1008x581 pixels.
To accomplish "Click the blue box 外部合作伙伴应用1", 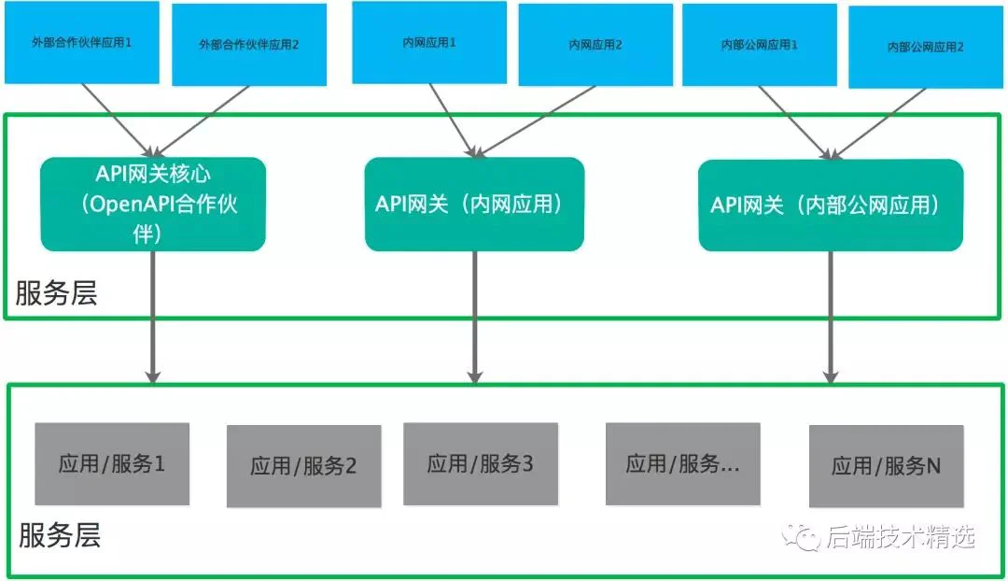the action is pos(81,42).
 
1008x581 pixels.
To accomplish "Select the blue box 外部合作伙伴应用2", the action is pos(249,45).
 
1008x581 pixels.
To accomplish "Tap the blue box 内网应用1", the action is pos(428,42).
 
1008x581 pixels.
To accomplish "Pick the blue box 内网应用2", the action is pos(595,45).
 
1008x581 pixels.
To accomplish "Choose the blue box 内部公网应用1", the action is pos(759,45).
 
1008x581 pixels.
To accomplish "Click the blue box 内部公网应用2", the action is pos(926,47).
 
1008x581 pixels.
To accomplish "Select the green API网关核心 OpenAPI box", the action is pos(153,204).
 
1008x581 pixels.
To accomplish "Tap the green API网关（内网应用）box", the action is pos(474,204).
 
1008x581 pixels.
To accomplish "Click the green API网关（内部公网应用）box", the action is pos(831,205).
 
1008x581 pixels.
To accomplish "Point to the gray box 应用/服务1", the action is pos(112,464).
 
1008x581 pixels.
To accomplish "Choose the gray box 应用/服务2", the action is pos(303,466).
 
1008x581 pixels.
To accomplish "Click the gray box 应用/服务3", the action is pos(481,464).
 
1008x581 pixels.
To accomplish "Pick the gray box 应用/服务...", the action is pos(682,464).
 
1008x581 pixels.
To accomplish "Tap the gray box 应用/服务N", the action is pos(886,466).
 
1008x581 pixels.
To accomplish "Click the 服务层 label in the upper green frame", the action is pos(57,293).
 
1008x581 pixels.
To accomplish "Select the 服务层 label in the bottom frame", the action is pos(60,535).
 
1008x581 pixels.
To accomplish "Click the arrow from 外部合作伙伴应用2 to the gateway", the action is pos(201,121).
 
